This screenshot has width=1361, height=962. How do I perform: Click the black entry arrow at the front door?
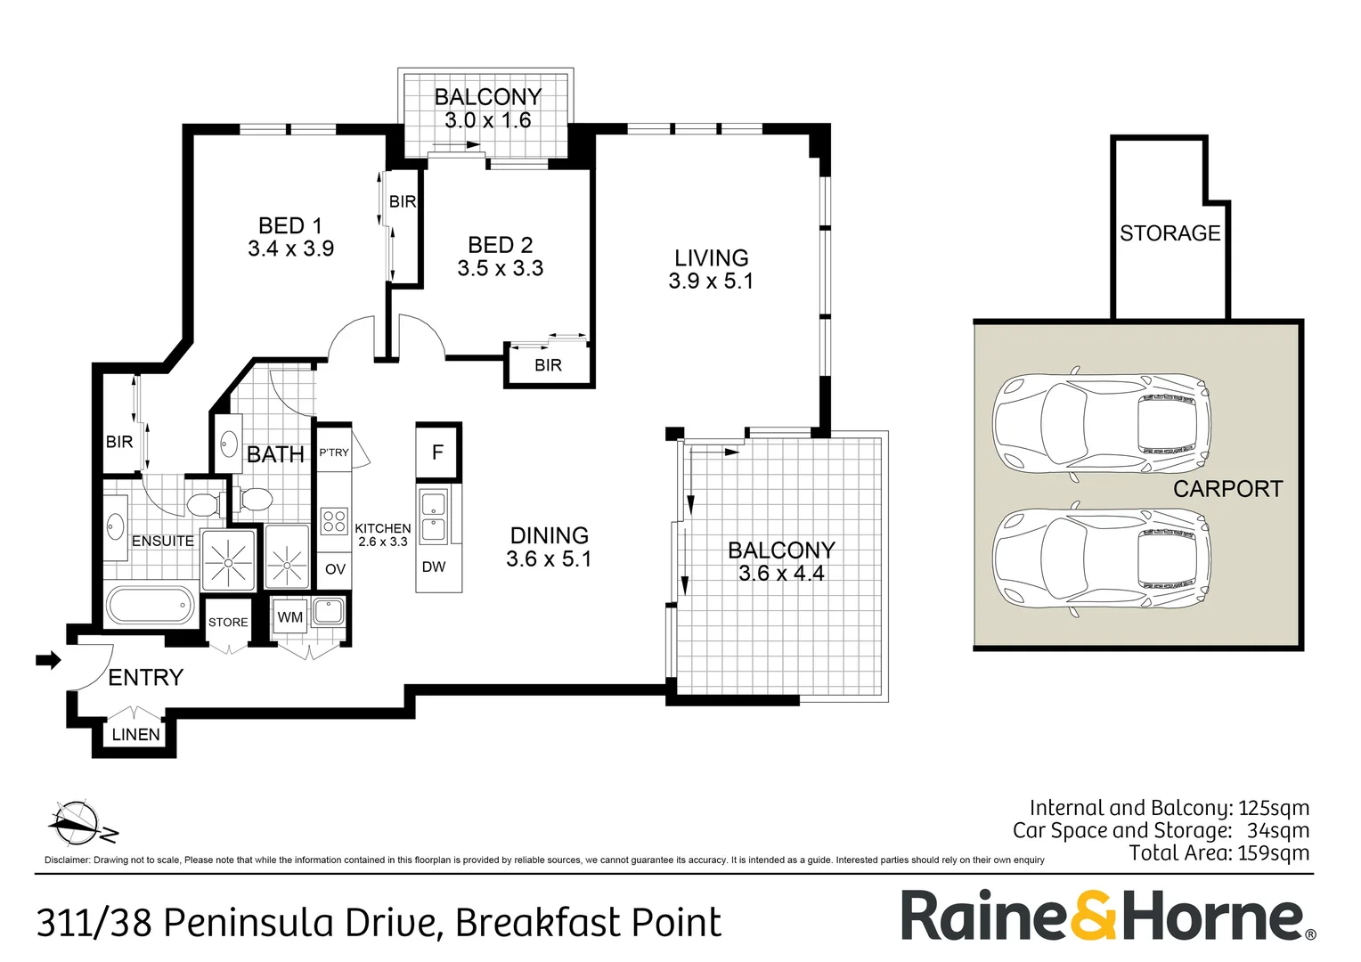pyautogui.click(x=49, y=660)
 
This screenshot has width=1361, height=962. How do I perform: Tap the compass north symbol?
pyautogui.click(x=81, y=823)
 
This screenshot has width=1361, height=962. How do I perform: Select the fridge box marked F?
pyautogui.click(x=438, y=452)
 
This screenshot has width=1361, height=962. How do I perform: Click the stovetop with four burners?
pyautogui.click(x=334, y=521)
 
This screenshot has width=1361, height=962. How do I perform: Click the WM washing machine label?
pyautogui.click(x=289, y=617)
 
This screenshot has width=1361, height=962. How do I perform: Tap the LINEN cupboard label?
pyautogui.click(x=136, y=735)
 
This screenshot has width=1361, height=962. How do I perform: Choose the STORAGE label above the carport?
pyautogui.click(x=1169, y=233)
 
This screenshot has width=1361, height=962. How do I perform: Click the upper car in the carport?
pyautogui.click(x=1102, y=424)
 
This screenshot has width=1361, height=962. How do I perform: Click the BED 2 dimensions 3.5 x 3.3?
pyautogui.click(x=500, y=268)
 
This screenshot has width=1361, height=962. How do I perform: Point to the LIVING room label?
pyautogui.click(x=711, y=257)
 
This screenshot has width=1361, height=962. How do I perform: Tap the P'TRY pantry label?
pyautogui.click(x=334, y=452)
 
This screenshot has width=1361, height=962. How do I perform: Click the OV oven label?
pyautogui.click(x=335, y=569)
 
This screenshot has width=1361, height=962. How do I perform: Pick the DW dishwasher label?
pyautogui.click(x=434, y=567)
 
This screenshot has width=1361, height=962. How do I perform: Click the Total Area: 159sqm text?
pyautogui.click(x=1218, y=853)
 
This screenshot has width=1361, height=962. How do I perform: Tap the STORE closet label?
pyautogui.click(x=228, y=623)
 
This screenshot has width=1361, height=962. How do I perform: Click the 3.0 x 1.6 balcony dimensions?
pyautogui.click(x=488, y=120)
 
